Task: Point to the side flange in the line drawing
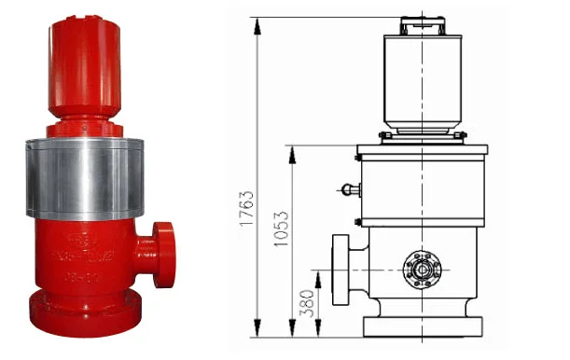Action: tap(340, 270)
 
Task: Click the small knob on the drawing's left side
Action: tap(348, 190)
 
